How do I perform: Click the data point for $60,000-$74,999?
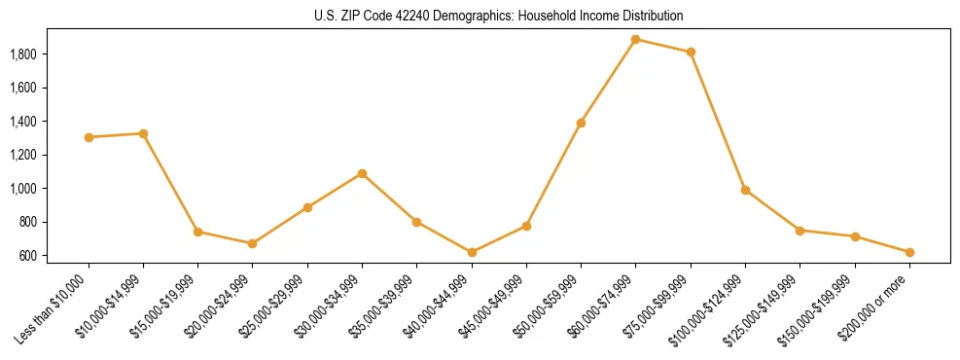point(635,40)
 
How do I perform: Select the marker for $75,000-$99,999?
point(691,53)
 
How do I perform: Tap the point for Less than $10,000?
point(89,137)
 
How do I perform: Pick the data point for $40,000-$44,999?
point(472,252)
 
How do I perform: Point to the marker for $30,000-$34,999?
point(362,174)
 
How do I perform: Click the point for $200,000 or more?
point(909,252)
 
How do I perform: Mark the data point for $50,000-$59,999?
point(581,124)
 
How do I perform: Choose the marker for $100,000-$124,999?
point(745,191)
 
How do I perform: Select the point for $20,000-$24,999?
point(253,243)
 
